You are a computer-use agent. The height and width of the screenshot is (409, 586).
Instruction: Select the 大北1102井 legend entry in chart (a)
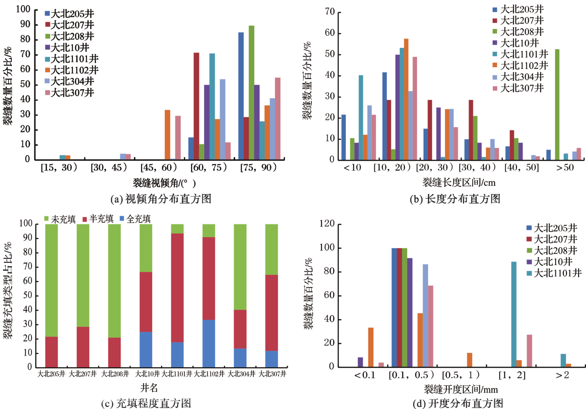(72, 70)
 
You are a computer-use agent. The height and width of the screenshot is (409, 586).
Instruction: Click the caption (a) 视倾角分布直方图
(161, 199)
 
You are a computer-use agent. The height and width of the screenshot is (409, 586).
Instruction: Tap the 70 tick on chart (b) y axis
(330, 12)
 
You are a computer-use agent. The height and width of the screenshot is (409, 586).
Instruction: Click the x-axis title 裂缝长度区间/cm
(459, 183)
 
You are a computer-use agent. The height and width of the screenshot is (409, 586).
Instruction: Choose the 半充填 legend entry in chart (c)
(98, 219)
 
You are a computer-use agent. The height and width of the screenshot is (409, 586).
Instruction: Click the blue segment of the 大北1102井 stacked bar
(209, 343)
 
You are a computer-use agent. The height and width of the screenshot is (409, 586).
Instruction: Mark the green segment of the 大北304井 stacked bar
(240, 267)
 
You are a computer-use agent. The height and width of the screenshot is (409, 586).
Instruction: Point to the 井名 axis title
(149, 388)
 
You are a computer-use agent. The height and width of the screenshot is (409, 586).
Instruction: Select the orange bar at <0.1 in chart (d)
(371, 347)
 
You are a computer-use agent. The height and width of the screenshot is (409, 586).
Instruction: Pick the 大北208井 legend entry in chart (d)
(552, 251)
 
